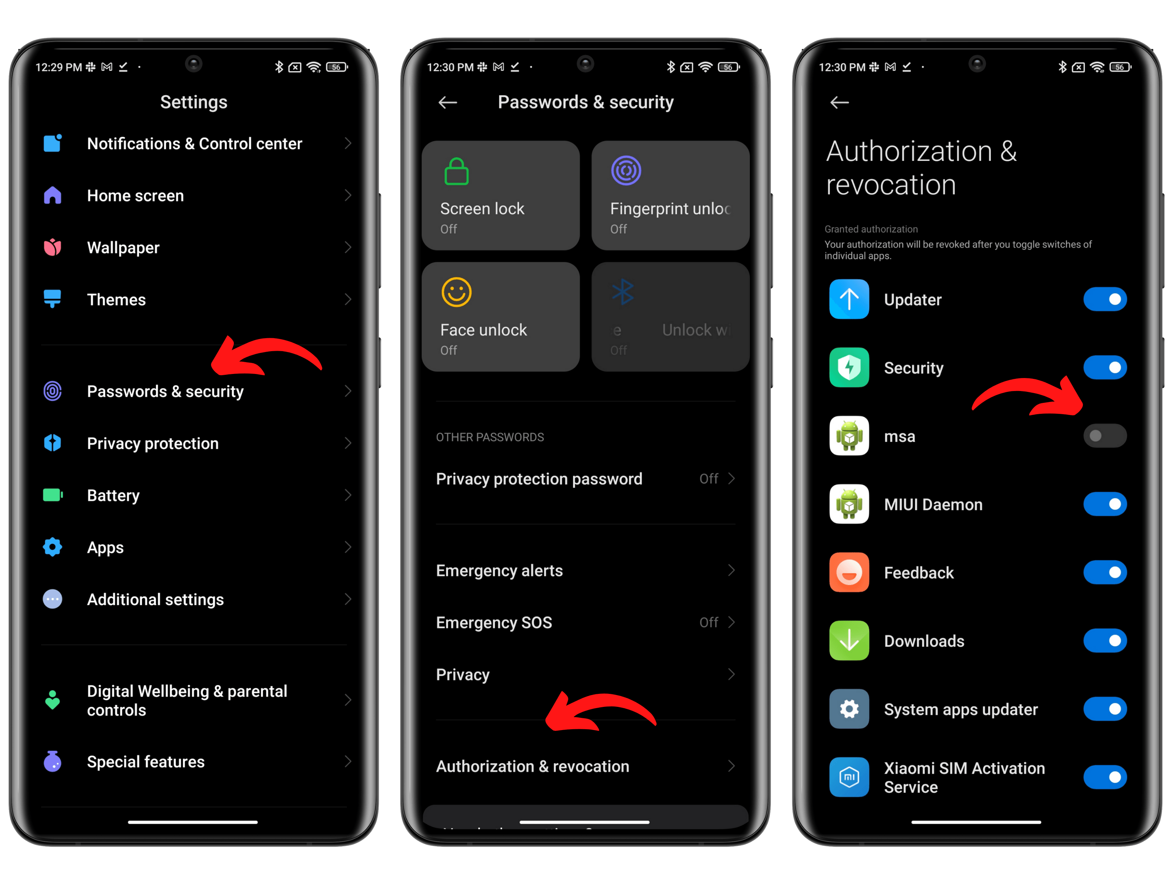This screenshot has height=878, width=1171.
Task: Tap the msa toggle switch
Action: click(x=1104, y=436)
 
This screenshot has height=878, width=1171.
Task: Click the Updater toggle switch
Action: click(x=1104, y=300)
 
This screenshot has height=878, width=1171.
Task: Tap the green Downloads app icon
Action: click(x=849, y=641)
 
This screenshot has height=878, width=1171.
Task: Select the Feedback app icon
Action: click(x=849, y=573)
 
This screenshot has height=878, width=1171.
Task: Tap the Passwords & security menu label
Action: click(x=165, y=391)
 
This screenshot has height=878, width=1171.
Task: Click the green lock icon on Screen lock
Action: click(x=456, y=172)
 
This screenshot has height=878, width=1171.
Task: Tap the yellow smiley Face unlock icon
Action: click(x=456, y=292)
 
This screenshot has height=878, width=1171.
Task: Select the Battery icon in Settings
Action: click(x=52, y=496)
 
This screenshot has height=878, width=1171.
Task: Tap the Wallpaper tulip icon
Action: click(x=52, y=247)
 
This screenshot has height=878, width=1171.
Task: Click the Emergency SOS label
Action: click(x=494, y=623)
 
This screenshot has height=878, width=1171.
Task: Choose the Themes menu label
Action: click(x=116, y=300)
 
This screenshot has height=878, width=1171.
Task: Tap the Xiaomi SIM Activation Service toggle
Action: click(x=1104, y=778)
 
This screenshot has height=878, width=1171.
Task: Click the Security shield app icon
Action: click(x=849, y=368)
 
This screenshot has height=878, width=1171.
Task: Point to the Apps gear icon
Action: click(x=52, y=547)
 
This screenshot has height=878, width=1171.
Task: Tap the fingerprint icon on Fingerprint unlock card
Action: click(x=626, y=171)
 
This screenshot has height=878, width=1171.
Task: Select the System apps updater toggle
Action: click(x=1104, y=709)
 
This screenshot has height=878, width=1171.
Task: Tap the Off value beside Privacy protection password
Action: click(x=708, y=479)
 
